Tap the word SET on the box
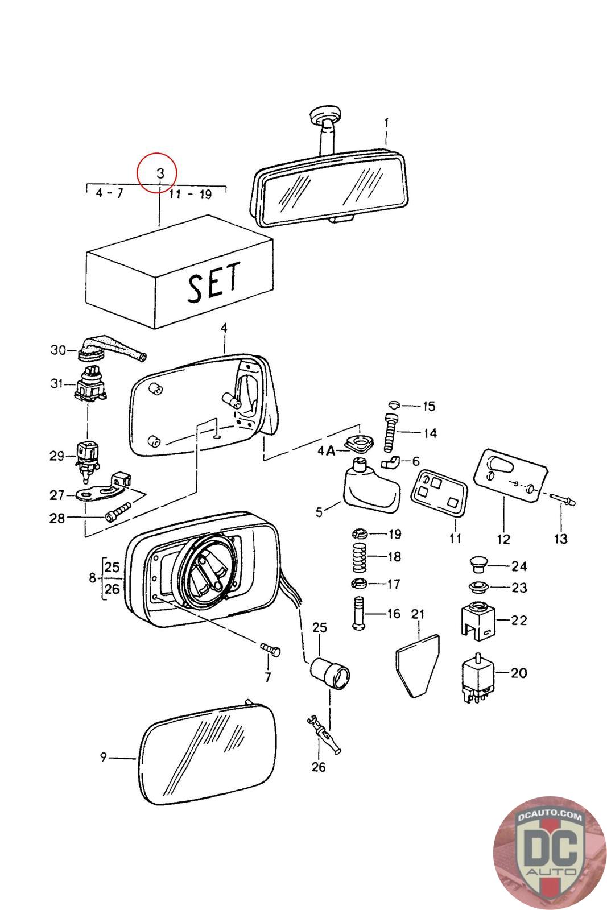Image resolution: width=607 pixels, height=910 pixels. point(214,282)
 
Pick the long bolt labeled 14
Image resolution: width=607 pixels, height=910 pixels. point(391,433)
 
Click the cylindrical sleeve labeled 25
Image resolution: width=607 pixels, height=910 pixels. point(331,673)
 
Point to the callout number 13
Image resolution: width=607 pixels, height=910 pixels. point(561,539)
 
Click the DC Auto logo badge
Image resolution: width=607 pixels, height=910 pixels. point(550,853)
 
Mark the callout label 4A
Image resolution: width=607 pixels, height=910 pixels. point(327,450)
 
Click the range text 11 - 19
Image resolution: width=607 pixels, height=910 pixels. point(190,195)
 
